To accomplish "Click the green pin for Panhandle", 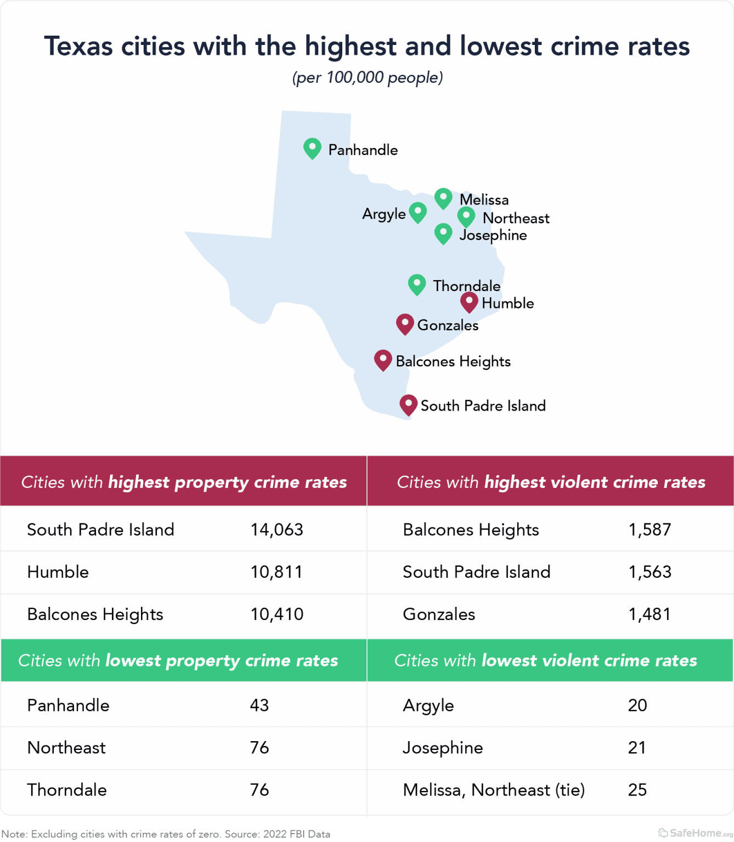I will pyautogui.click(x=312, y=148).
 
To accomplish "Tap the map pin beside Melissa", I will pyautogui.click(x=443, y=198).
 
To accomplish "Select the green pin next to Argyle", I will pyautogui.click(x=418, y=212).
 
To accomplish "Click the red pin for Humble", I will pyautogui.click(x=469, y=301).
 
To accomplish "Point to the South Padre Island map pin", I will pyautogui.click(x=408, y=405).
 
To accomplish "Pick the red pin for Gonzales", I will pyautogui.click(x=405, y=324).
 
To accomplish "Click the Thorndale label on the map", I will pyautogui.click(x=466, y=286).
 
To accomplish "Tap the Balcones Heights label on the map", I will pyautogui.click(x=453, y=361).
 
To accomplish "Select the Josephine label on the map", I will pyautogui.click(x=493, y=235).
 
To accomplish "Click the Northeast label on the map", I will pyautogui.click(x=516, y=218).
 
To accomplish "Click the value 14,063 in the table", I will pyautogui.click(x=277, y=530).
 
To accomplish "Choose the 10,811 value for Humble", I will pyautogui.click(x=277, y=572).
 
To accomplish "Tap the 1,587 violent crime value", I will pyautogui.click(x=650, y=530).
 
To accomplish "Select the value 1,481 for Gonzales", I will pyautogui.click(x=650, y=614).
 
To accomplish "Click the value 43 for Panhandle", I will pyautogui.click(x=259, y=705).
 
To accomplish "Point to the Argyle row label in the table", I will pyautogui.click(x=428, y=705).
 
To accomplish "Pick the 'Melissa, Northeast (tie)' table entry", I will pyautogui.click(x=494, y=790).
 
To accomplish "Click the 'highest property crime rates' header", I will pyautogui.click(x=184, y=482).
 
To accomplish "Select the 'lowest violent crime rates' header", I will pyautogui.click(x=546, y=661).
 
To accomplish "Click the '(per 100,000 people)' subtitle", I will pyautogui.click(x=367, y=77).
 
